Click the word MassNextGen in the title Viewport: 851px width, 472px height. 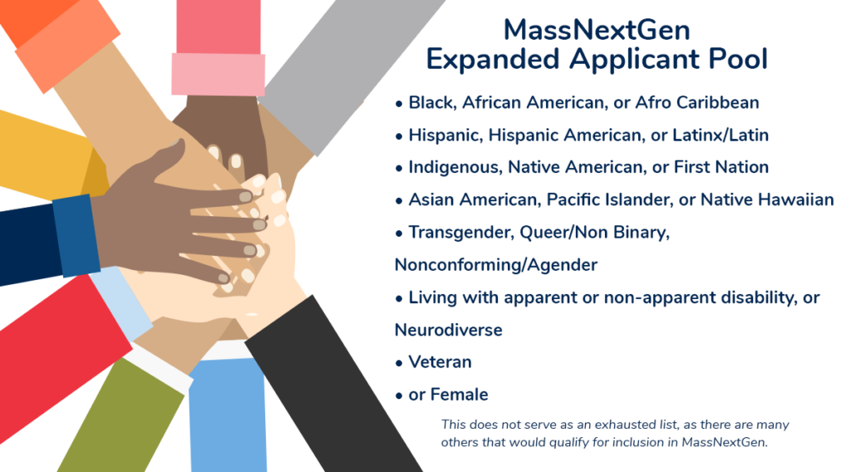pos(597,31)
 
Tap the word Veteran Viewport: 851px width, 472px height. pos(440,361)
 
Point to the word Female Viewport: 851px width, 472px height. pos(459,395)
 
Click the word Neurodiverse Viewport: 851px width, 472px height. pos(448,330)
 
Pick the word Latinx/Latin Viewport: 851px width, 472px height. pos(721,135)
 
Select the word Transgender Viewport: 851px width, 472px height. pos(460,233)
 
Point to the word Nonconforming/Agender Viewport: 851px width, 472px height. pos(496,265)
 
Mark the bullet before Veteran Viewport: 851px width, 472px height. pos(399,363)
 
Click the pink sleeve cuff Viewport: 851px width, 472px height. pos(219,74)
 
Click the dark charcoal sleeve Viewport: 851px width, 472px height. pos(331,386)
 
